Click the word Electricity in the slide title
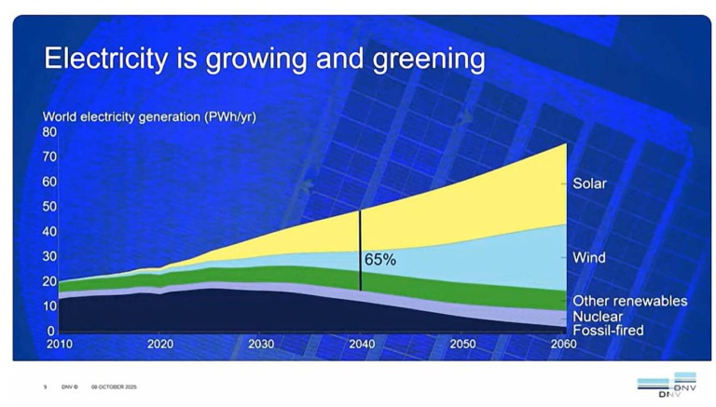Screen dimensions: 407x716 click(106, 60)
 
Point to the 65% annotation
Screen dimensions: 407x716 click(379, 260)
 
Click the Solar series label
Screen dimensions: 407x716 click(589, 183)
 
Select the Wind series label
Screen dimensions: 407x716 click(588, 257)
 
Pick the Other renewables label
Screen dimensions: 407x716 click(629, 301)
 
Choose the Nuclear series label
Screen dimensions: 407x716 click(598, 317)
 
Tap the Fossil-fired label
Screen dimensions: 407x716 click(607, 331)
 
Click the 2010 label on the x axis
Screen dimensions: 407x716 click(58, 344)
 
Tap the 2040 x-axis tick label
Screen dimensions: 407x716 click(361, 344)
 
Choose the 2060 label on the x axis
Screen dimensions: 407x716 click(564, 344)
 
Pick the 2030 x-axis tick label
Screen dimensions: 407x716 click(260, 344)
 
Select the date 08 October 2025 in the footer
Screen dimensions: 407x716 click(114, 387)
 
